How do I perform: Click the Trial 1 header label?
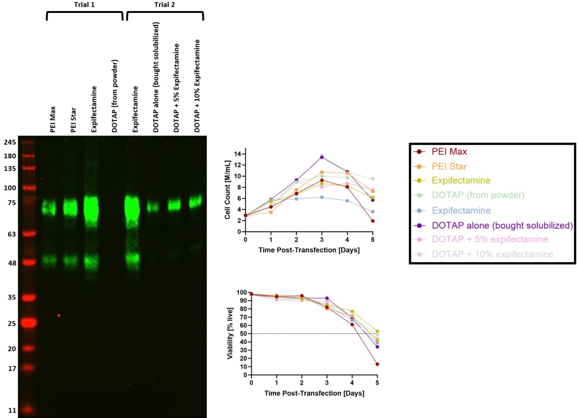[84, 4]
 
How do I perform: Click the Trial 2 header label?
[164, 4]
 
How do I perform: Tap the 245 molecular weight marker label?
[10, 142]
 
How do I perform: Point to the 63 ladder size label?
[12, 234]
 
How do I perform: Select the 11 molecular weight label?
[12, 410]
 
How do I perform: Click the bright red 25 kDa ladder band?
[27, 323]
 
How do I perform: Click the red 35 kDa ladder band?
[28, 298]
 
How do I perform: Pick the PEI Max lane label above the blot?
[53, 119]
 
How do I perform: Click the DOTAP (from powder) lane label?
[115, 96]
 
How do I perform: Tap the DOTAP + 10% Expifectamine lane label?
[197, 86]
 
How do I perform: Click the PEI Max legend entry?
[449, 152]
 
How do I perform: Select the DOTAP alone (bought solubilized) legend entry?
[502, 225]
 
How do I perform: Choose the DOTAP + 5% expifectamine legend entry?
[489, 240]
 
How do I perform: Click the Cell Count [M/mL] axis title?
[227, 190]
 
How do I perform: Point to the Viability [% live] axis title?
[230, 333]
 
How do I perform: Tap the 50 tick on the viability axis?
[244, 334]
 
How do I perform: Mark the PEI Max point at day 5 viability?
[377, 364]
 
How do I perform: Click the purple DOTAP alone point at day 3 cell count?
[322, 157]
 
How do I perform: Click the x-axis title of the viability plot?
[314, 393]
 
